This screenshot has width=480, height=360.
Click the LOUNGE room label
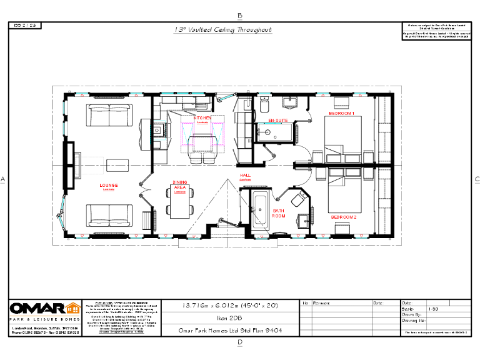click(109, 186)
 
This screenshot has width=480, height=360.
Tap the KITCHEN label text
click(202, 118)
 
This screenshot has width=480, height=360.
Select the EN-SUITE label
click(277, 120)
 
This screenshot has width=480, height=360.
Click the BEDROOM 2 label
click(343, 217)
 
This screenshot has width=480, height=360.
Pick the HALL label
click(246, 176)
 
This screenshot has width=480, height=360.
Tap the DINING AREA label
click(180, 185)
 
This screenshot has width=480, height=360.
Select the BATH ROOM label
click(279, 213)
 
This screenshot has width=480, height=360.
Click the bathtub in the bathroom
click(259, 211)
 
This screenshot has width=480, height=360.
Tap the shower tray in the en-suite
click(273, 132)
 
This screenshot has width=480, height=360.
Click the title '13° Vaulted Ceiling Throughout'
click(222, 29)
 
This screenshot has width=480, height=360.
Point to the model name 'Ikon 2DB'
click(231, 318)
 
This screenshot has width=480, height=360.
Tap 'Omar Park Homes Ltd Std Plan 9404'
click(231, 331)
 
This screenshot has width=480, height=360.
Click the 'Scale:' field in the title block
click(406, 309)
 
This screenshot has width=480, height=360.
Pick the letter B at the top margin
click(240, 15)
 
